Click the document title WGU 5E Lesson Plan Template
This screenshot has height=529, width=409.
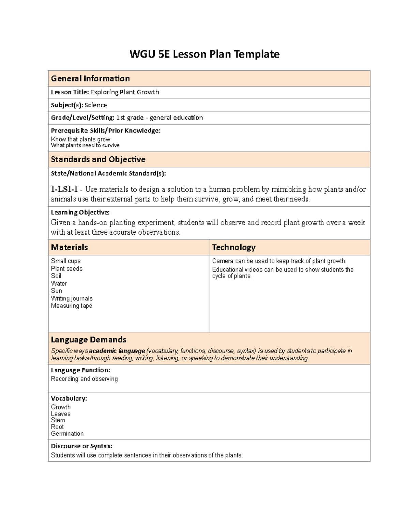tap(204, 54)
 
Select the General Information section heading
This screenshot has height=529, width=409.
tap(90, 79)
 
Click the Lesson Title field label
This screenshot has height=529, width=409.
tap(70, 92)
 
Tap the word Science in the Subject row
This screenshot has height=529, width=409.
tap(96, 105)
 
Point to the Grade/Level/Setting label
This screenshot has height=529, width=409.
tap(82, 118)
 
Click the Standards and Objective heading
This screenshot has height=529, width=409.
tap(98, 159)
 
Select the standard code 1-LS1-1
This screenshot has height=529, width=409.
tap(64, 189)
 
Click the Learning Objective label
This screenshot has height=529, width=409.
tap(80, 213)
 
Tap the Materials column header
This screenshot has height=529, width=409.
tap(69, 247)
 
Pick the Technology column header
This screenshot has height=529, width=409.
tap(233, 247)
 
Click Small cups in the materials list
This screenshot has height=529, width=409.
tap(66, 261)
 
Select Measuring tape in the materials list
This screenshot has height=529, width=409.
tap(72, 306)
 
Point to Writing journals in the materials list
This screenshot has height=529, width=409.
tap(72, 298)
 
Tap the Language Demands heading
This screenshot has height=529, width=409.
tap(89, 340)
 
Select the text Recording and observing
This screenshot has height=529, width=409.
tap(84, 379)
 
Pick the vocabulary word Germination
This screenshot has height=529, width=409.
tap(67, 434)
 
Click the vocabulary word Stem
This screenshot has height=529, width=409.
tap(58, 420)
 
